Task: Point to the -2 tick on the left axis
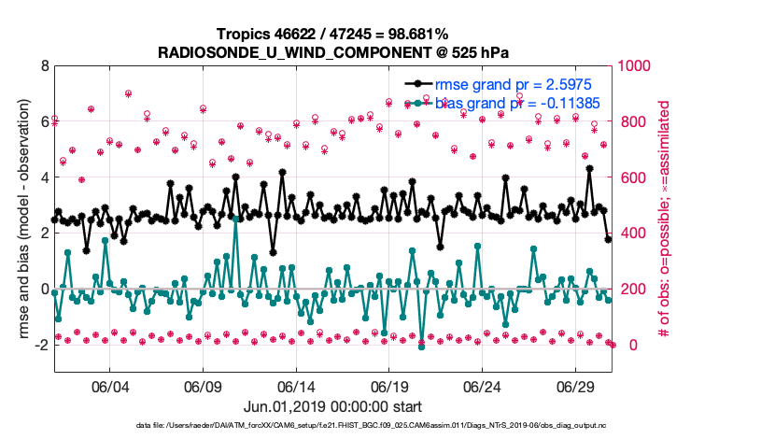pyautogui.click(x=41, y=345)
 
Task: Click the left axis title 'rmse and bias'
pyautogui.click(x=21, y=219)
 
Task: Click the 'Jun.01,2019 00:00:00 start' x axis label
pyautogui.click(x=333, y=406)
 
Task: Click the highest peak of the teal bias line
pyautogui.click(x=235, y=218)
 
